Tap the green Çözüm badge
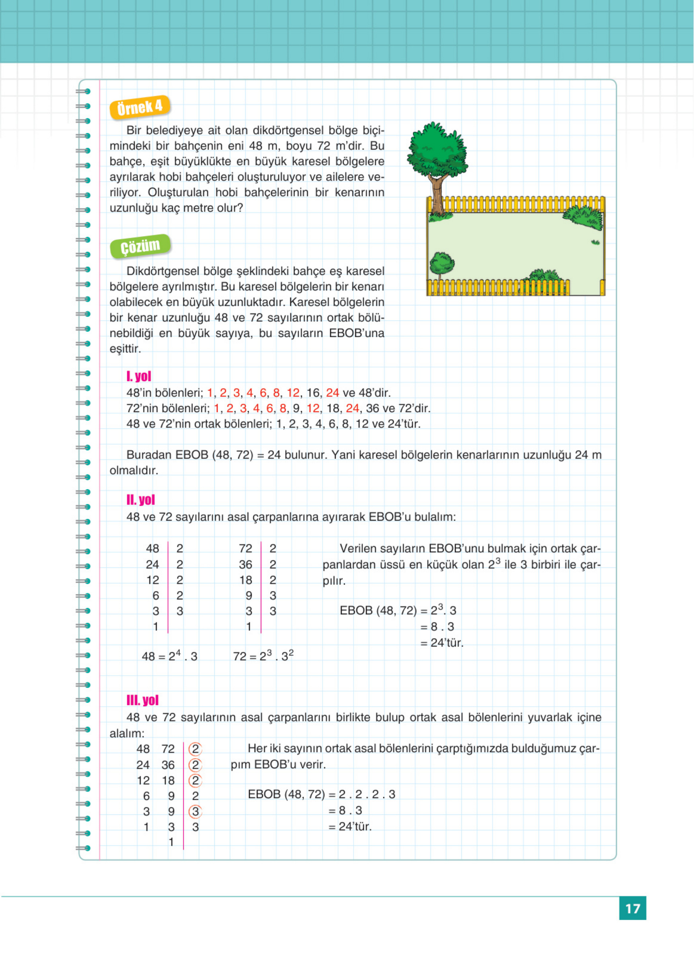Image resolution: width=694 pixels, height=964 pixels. [140, 246]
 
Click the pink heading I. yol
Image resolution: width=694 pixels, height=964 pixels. [138, 376]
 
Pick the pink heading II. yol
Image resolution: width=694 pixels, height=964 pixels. [141, 499]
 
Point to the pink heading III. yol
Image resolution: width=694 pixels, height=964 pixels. [142, 700]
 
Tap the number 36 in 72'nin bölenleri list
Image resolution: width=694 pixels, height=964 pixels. [372, 408]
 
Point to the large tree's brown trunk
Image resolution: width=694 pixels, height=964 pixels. [436, 193]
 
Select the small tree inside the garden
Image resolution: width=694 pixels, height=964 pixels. [441, 265]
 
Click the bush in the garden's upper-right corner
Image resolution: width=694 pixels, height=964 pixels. [583, 216]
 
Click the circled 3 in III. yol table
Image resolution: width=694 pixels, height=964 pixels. [195, 811]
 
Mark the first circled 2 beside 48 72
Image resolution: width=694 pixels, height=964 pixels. [195, 748]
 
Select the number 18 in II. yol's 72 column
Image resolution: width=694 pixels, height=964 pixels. [246, 580]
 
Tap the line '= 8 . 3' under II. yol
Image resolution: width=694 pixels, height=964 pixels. [437, 626]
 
